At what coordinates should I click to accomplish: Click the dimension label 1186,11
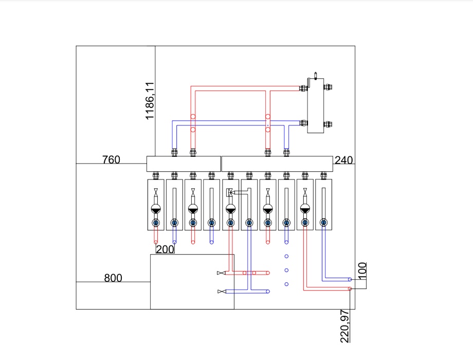[150, 101]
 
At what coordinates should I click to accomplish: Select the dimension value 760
[112, 159]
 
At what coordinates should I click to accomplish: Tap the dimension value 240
[343, 160]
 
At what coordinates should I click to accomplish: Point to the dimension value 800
[113, 278]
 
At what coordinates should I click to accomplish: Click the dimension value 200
[165, 249]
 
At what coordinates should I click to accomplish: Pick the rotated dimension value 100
[362, 270]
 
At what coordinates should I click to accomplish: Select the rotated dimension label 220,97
[345, 326]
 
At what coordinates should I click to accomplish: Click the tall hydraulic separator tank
[316, 105]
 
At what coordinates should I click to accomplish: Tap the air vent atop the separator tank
[316, 76]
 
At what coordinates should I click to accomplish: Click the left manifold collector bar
[184, 164]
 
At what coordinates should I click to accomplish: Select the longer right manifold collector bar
[277, 164]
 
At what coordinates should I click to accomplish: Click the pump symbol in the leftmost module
[156, 208]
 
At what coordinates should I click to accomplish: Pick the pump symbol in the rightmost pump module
[305, 208]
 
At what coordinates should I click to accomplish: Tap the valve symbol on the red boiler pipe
[221, 273]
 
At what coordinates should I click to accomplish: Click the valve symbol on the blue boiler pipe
[222, 292]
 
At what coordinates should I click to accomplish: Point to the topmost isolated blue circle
[286, 256]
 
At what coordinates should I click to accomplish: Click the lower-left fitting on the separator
[303, 123]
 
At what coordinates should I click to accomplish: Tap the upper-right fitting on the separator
[328, 87]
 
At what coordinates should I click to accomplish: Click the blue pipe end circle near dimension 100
[350, 279]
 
